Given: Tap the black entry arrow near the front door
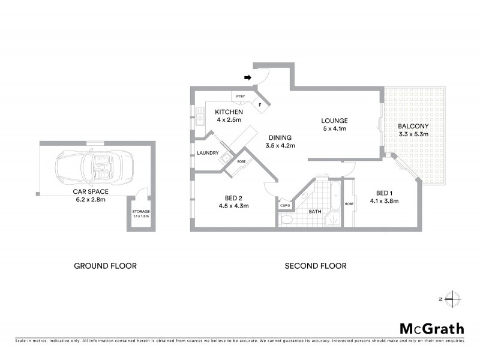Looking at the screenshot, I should click(x=247, y=77).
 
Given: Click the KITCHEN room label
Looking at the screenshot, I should click(x=229, y=112).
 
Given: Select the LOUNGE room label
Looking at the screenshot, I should click(x=334, y=121).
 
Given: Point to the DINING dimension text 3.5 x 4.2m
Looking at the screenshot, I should click(x=280, y=145).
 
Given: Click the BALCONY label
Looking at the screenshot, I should click(x=413, y=126).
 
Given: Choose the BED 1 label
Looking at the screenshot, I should click(x=383, y=193).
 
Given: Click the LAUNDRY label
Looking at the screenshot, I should click(x=208, y=153).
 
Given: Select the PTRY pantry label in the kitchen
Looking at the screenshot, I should click(x=241, y=96).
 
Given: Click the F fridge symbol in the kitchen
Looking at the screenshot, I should click(x=260, y=105).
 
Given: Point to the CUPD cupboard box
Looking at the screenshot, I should click(x=285, y=206).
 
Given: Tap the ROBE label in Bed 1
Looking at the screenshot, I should click(x=349, y=204).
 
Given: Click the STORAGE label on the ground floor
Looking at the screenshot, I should click(x=141, y=212).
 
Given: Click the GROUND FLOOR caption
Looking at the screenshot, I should click(x=105, y=266).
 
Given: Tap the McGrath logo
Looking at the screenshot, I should click(x=432, y=328).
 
